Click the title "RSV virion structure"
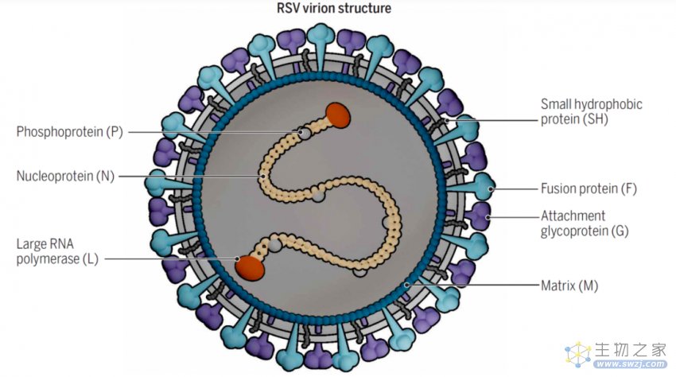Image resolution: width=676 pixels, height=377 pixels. pyautogui.click(x=334, y=8)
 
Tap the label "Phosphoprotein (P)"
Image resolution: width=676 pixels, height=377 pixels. pyautogui.click(x=70, y=131)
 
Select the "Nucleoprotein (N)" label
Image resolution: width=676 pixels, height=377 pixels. pyautogui.click(x=65, y=176)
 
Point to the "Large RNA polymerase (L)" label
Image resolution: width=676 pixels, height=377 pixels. pyautogui.click(x=57, y=251)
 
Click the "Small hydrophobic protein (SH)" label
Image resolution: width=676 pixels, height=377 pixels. pyautogui.click(x=592, y=111)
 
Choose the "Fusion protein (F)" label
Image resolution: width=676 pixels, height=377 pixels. pyautogui.click(x=589, y=188)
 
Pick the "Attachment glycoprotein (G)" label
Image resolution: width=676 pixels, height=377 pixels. pyautogui.click(x=585, y=223)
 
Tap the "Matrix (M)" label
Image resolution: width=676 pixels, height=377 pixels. pyautogui.click(x=569, y=286)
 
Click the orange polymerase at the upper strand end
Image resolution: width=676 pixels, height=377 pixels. pyautogui.click(x=338, y=115)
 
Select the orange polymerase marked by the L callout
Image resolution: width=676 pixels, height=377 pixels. pyautogui.click(x=250, y=267)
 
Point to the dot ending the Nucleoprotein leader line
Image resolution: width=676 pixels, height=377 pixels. pyautogui.click(x=262, y=176)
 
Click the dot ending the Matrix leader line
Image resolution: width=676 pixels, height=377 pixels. pyautogui.click(x=406, y=285)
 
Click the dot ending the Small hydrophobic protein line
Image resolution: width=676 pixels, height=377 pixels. pyautogui.click(x=447, y=120)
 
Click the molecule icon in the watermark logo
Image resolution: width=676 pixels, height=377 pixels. pyautogui.click(x=577, y=354)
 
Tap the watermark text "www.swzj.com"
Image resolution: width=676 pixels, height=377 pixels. pyautogui.click(x=630, y=364)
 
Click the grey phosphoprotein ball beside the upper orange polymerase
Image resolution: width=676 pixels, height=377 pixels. pyautogui.click(x=305, y=134)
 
